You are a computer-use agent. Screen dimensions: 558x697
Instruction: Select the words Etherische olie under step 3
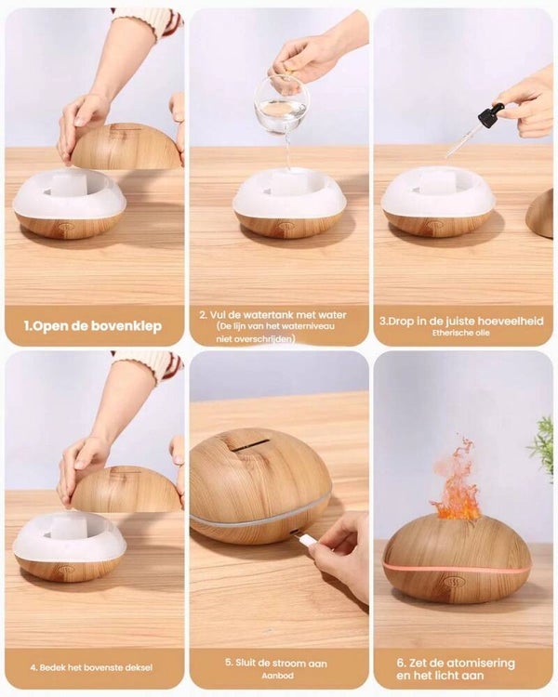[x=460, y=333]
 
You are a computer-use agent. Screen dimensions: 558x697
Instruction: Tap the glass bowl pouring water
[x=281, y=105]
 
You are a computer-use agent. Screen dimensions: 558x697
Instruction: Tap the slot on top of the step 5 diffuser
[x=251, y=445]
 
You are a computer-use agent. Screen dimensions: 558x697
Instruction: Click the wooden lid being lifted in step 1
[x=126, y=147]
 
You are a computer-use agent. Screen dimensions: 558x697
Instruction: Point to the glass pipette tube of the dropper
[x=462, y=139]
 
